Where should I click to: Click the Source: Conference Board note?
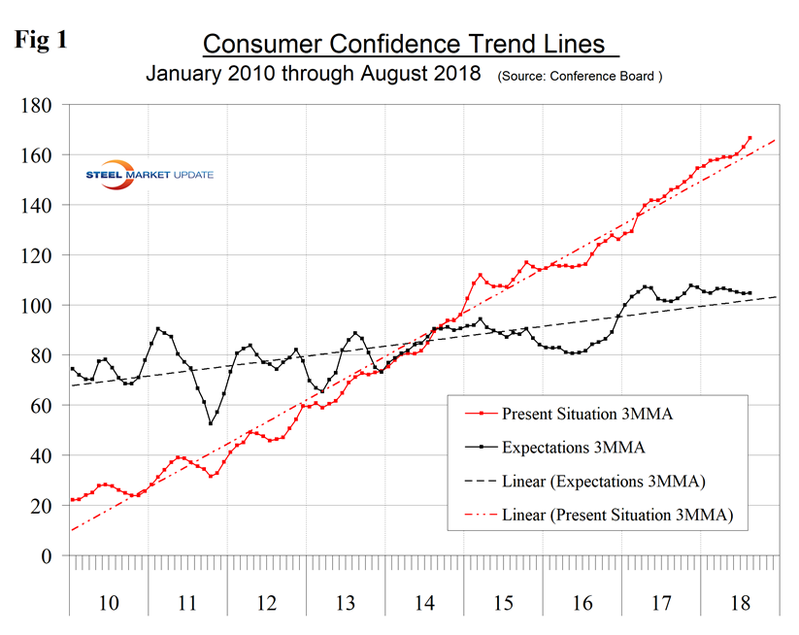point(580,76)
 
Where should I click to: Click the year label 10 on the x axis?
point(109,602)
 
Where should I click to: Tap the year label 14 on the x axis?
point(424,602)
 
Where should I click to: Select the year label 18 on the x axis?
point(739,602)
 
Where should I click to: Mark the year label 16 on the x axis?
point(582,602)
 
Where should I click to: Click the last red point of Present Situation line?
point(749,138)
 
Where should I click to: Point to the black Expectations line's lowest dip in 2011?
point(211,422)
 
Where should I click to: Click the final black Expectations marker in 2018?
point(749,292)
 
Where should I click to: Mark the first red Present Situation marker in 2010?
point(72,500)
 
